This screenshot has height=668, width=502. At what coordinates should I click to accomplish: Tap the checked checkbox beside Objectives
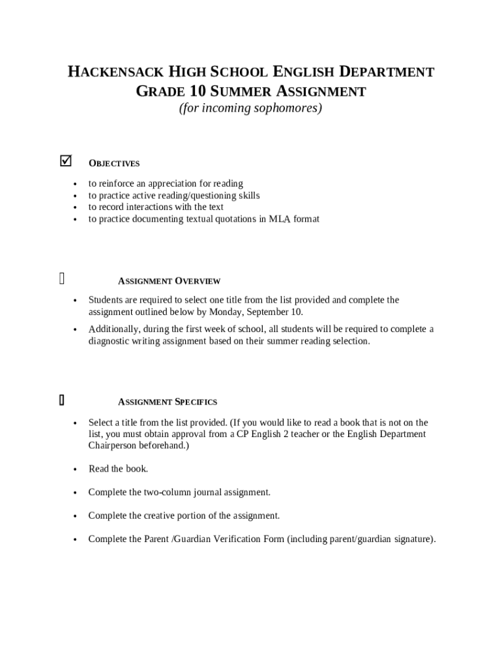[x=65, y=160]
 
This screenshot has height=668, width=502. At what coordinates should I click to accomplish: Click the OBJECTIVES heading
[x=114, y=164]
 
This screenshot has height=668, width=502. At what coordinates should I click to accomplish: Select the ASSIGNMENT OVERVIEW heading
[x=169, y=281]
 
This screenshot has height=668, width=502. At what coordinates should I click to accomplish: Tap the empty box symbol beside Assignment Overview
[x=62, y=279]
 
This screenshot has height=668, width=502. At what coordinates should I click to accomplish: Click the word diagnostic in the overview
[x=113, y=341]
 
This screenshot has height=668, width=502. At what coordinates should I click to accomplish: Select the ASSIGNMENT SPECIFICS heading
[x=168, y=402]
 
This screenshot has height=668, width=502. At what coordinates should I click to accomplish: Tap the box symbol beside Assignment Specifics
[x=61, y=400]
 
